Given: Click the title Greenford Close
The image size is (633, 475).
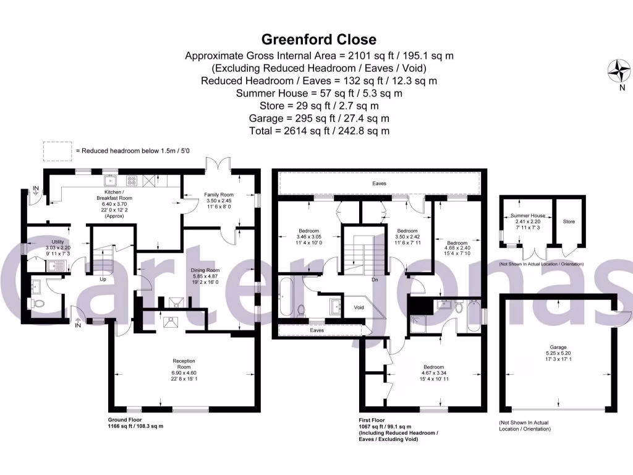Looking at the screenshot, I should (319, 40).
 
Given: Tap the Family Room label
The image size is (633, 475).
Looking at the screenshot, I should (218, 195).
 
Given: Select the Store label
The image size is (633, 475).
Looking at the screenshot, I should (569, 221).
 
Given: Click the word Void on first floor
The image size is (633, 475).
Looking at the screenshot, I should (359, 307).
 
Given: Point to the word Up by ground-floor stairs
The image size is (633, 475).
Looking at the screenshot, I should (103, 279).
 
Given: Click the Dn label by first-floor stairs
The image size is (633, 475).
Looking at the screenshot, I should (375, 279).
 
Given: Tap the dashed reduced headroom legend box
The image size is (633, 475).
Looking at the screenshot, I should (57, 150).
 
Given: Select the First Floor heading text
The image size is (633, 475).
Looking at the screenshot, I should (372, 419).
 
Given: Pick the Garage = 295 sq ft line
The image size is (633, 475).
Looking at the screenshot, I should (319, 118).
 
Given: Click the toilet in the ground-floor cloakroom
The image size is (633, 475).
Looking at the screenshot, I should (38, 304).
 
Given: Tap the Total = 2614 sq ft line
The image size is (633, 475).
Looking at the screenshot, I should (319, 131).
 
